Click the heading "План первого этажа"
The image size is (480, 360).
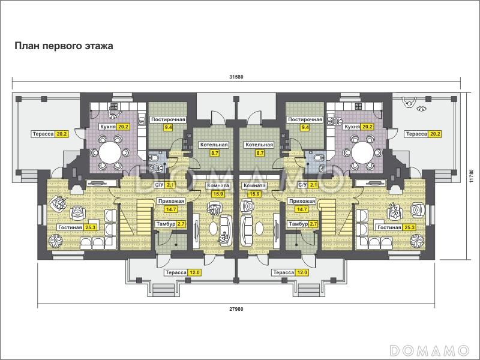[64, 46]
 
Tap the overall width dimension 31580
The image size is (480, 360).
[236, 77]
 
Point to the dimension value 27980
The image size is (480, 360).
[236, 309]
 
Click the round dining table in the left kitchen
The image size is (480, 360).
[110, 152]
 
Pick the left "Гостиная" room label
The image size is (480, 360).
[70, 227]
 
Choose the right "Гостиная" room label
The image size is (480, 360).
[389, 227]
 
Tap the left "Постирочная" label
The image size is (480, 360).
[168, 119]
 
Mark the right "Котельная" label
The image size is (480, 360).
[259, 145]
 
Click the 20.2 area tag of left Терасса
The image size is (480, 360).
[62, 134]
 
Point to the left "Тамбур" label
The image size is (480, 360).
[166, 224]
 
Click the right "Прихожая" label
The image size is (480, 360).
[302, 201]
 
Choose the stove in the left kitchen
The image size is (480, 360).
[114, 107]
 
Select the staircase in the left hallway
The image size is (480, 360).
[136, 218]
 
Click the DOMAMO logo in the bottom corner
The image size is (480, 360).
[429, 350]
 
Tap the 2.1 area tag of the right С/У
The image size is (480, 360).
[314, 185]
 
